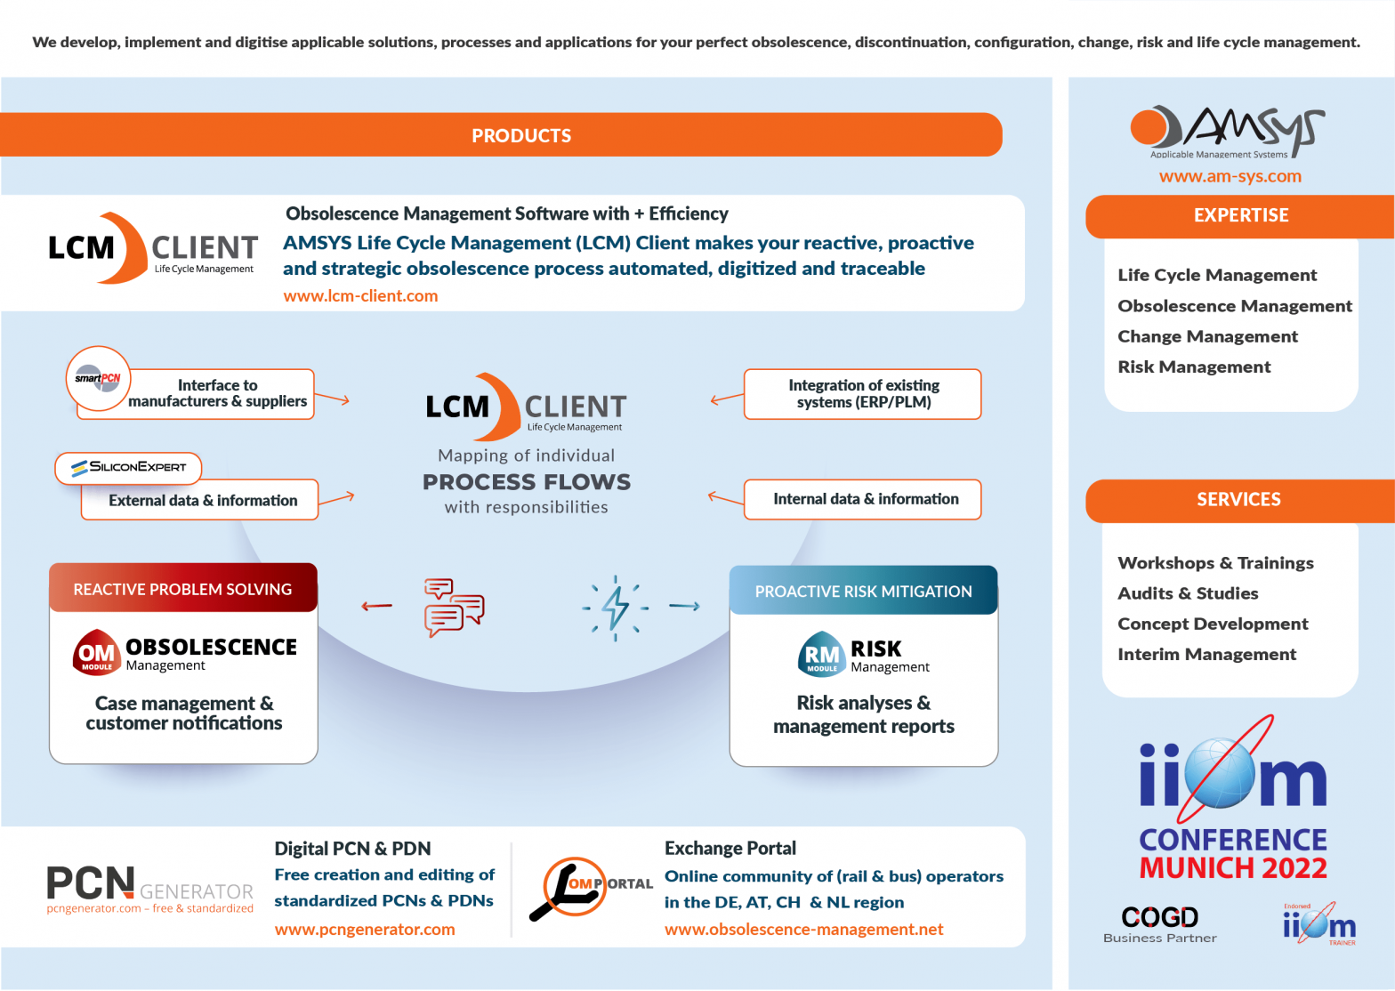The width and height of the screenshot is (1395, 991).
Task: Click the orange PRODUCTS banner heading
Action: click(x=520, y=135)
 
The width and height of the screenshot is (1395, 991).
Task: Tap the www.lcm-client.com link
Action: click(x=360, y=296)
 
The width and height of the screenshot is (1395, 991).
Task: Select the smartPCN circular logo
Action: click(x=98, y=379)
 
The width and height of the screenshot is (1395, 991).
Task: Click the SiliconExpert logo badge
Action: click(x=129, y=467)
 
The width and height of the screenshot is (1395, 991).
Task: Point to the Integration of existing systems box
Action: click(x=862, y=394)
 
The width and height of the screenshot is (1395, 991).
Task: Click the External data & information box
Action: click(x=202, y=501)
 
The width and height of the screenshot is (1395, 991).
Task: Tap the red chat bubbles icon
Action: click(x=454, y=608)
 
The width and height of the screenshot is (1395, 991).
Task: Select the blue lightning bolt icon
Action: click(x=616, y=608)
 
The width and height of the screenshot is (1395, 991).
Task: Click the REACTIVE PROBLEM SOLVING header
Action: click(x=182, y=589)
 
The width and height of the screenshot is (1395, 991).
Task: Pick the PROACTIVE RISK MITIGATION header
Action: click(x=863, y=592)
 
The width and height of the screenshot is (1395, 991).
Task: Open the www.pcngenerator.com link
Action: click(x=365, y=930)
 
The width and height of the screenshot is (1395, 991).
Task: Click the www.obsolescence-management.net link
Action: click(x=803, y=930)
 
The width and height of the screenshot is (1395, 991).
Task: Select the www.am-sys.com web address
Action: click(x=1230, y=176)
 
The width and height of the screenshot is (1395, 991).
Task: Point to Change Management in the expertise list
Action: click(x=1207, y=336)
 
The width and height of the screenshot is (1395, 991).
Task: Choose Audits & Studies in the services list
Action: click(x=1188, y=593)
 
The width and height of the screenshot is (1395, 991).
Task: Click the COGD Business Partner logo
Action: click(x=1159, y=923)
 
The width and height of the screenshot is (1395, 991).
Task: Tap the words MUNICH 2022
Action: click(x=1233, y=867)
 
